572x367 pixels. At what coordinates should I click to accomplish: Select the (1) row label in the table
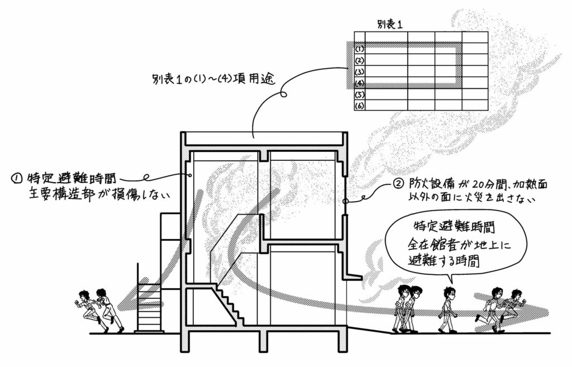click(x=360, y=49)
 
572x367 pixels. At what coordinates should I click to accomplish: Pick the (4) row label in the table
click(x=360, y=83)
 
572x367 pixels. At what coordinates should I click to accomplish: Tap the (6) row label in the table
click(x=360, y=105)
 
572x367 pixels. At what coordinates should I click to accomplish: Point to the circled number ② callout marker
click(x=398, y=183)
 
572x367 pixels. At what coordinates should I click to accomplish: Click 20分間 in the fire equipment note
click(x=473, y=183)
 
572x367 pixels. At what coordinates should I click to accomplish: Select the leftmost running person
click(x=88, y=309)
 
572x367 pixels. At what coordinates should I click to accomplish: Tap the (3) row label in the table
click(x=360, y=72)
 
